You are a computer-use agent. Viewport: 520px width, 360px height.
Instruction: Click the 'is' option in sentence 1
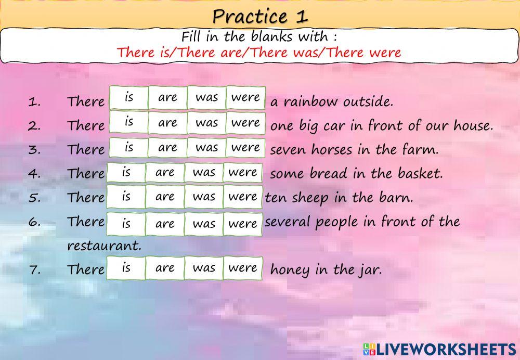pos(129,98)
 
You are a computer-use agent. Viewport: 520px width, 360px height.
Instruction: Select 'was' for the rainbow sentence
pos(206,98)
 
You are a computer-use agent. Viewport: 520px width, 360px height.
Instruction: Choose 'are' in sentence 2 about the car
pos(167,123)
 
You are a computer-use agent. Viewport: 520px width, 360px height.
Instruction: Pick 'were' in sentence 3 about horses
pos(245,148)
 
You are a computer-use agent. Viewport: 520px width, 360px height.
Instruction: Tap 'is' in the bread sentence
pos(126,172)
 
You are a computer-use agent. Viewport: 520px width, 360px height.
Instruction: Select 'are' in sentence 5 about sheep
pos(164,197)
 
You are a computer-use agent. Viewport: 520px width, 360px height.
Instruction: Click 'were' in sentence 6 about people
pos(242,224)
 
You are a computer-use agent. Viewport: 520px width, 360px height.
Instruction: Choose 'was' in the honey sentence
pos(203,268)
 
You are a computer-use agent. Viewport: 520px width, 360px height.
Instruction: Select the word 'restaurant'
pos(104,245)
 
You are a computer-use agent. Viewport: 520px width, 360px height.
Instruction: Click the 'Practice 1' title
pos(260,16)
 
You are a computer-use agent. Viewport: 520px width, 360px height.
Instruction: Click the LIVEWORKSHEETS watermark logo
pos(439,349)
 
